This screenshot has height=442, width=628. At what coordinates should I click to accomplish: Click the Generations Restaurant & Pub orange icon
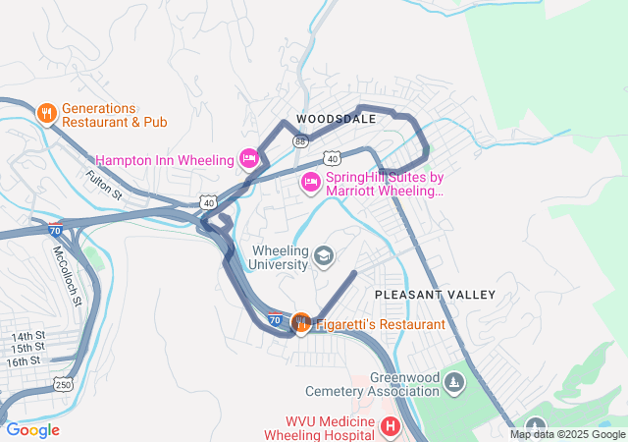(x=46, y=114)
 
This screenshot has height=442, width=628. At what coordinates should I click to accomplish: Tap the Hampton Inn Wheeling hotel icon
(x=249, y=159)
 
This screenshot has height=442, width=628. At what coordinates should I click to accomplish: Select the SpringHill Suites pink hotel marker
(x=311, y=182)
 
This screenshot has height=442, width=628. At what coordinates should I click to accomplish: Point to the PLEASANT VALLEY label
(x=435, y=295)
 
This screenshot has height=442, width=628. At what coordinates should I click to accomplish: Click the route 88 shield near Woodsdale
(x=299, y=141)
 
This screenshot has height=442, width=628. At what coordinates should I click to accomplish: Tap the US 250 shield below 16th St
(x=63, y=384)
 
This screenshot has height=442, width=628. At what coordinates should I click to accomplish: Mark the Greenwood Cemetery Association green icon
(x=453, y=381)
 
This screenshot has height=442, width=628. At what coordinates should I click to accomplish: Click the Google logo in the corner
(x=32, y=430)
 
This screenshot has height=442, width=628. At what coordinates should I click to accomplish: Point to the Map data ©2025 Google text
(x=566, y=434)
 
